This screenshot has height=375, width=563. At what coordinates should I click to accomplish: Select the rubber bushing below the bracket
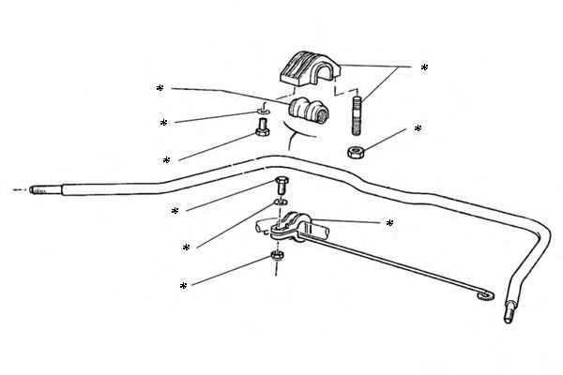[309, 112]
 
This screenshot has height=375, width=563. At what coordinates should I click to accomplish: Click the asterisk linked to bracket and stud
[424, 68]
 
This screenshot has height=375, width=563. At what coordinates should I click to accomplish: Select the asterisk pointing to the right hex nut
[418, 129]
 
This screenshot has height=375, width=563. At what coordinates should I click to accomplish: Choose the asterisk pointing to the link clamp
[388, 224]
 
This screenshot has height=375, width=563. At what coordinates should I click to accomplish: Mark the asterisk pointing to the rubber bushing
[160, 89]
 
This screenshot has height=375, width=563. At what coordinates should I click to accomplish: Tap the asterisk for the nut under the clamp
[183, 286]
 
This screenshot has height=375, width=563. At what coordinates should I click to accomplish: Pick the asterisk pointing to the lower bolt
[175, 212]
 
